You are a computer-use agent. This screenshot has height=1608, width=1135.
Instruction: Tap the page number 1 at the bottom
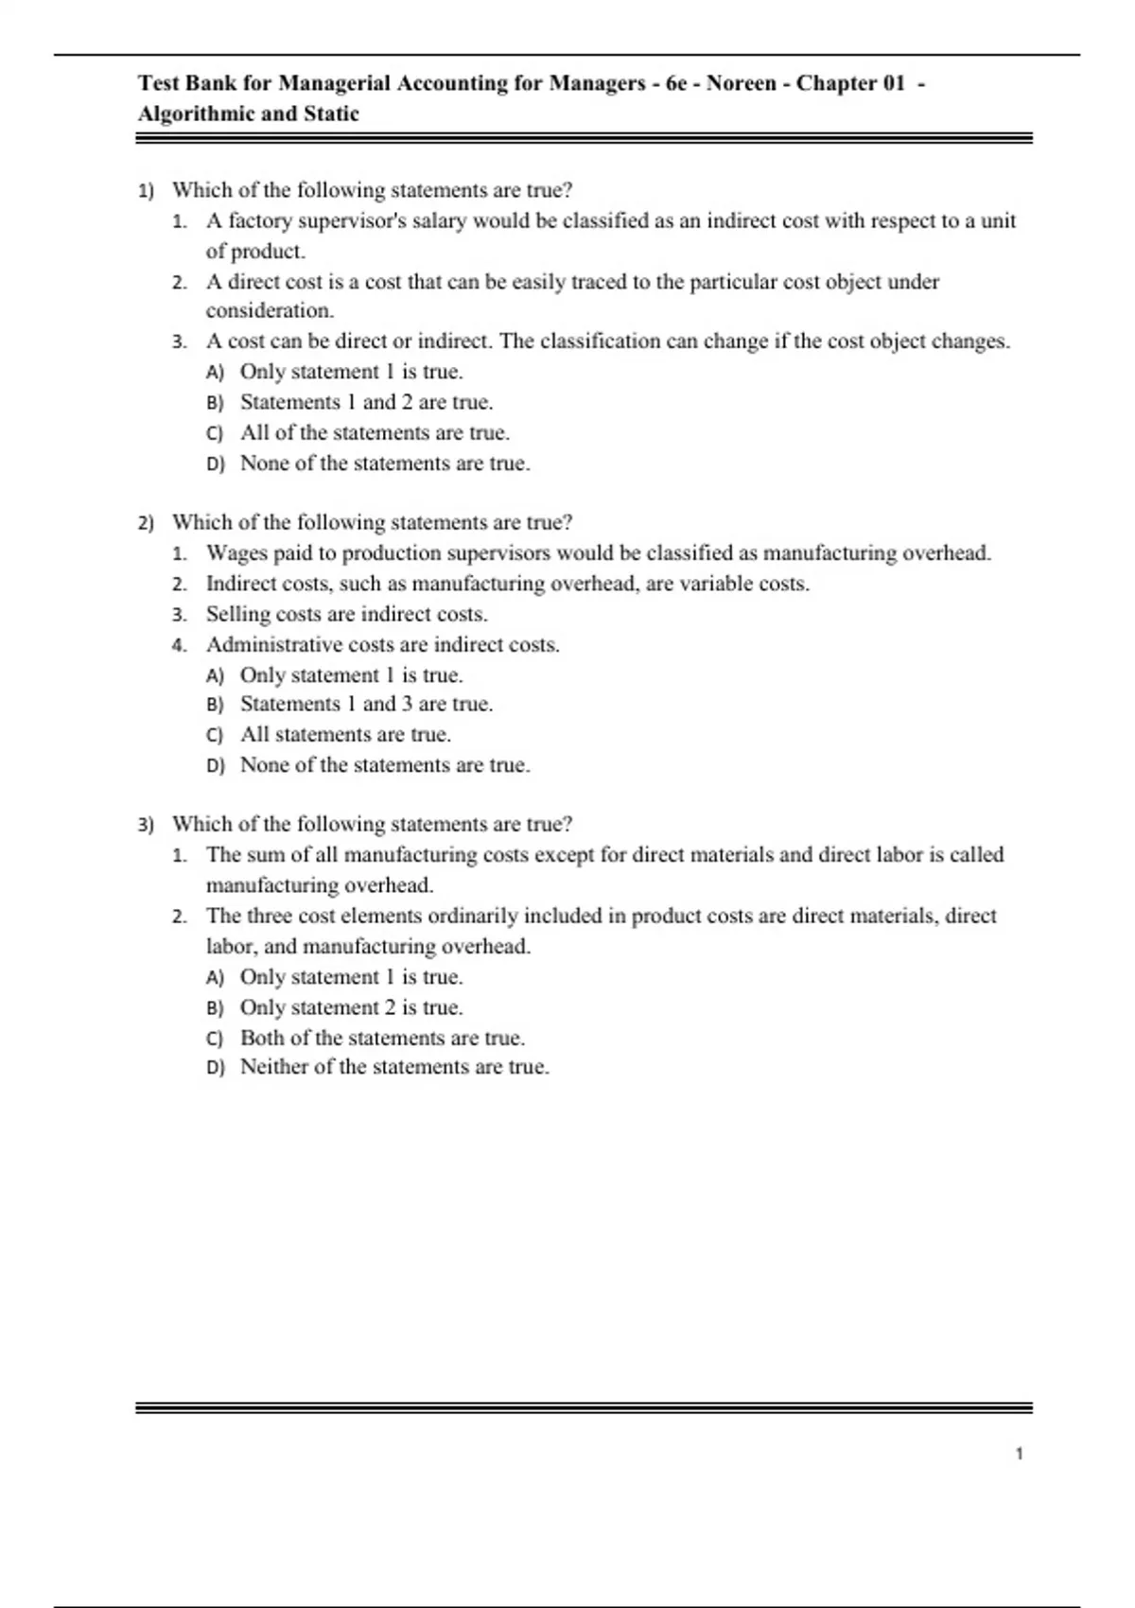[x=1019, y=1454]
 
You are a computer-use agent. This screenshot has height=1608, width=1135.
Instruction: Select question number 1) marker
[x=146, y=191]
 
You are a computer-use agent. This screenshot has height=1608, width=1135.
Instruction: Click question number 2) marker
[x=146, y=523]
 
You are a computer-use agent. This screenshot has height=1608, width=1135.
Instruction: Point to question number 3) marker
[x=146, y=825]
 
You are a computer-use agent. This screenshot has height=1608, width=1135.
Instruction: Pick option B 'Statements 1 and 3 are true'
[x=366, y=704]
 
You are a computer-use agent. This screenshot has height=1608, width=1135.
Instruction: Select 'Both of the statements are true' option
[x=382, y=1038]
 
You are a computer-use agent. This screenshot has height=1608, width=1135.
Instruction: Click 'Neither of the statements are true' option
[x=394, y=1067]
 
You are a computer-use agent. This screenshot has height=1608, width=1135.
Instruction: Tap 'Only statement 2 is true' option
[x=351, y=1007]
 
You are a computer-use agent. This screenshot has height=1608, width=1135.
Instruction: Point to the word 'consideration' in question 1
[x=269, y=311]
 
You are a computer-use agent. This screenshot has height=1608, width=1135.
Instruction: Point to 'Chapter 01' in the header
[x=850, y=83]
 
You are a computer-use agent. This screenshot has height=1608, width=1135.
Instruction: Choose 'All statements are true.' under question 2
[x=345, y=735]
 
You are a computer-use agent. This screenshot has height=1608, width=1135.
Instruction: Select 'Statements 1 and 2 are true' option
[x=366, y=403]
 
